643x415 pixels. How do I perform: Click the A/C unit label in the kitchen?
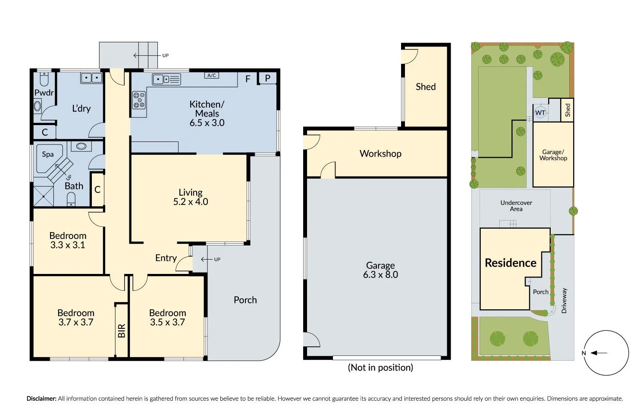click(x=211, y=75)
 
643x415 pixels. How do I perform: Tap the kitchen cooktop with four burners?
click(x=138, y=100)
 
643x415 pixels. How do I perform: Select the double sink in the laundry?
click(x=91, y=78)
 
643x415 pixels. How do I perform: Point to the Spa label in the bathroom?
click(x=48, y=154)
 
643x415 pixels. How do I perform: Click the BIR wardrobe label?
click(x=122, y=330)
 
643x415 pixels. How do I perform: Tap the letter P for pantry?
click(x=267, y=79)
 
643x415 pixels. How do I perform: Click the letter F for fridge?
click(x=248, y=79)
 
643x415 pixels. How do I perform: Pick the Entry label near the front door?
click(x=166, y=258)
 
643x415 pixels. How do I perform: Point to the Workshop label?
click(x=380, y=154)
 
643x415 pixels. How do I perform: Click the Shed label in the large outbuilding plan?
click(x=426, y=87)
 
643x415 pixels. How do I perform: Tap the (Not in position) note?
click(x=380, y=368)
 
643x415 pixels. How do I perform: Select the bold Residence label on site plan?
click(x=511, y=263)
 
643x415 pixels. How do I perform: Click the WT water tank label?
click(x=540, y=113)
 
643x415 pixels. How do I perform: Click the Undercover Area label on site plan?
click(x=516, y=206)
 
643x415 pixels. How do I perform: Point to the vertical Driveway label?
click(x=564, y=300)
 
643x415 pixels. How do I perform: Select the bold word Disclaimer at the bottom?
click(x=41, y=399)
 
